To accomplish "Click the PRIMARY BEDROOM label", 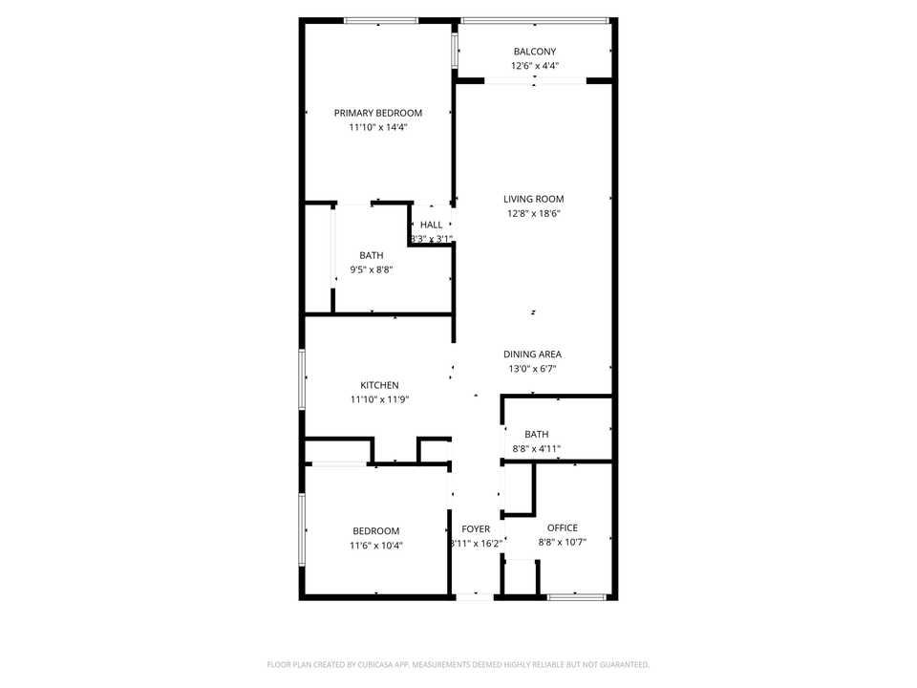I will pos(377,113).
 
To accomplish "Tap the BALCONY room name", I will pos(534,52).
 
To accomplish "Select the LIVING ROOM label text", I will pos(534,199).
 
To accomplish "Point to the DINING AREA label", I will pos(533,355).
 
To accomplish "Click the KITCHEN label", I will pos(379,385).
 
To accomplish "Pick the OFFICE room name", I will pos(563,527).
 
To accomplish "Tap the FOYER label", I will pos(476,528).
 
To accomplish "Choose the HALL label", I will pos(431,225).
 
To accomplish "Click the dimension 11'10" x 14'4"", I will pos(377,127).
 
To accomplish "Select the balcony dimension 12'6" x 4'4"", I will pos(534,66).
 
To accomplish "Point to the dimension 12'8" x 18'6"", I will pos(534,213).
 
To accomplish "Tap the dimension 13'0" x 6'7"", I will pos(533,369).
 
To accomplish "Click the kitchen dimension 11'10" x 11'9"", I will pos(379,399).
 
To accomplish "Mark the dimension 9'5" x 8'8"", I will pos(372,269).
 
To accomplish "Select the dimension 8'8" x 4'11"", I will pos(536,448).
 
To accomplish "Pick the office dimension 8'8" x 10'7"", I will pos(563,542).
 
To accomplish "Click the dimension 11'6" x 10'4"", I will pos(376,546).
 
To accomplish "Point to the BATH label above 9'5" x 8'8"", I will pos(372,255).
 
